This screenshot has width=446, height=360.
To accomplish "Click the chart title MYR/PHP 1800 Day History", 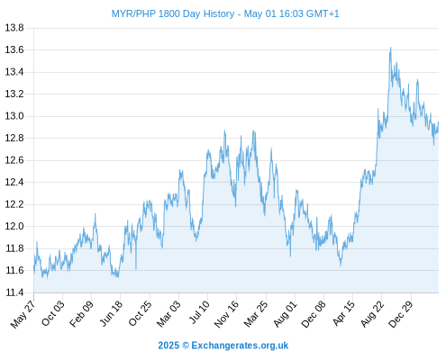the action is (173, 13).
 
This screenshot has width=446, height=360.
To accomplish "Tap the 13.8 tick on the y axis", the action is (14, 28).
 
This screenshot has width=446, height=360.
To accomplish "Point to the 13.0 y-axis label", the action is (14, 116).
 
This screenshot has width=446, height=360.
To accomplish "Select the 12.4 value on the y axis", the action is (14, 182).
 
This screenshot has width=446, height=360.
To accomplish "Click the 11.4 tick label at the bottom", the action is (14, 292).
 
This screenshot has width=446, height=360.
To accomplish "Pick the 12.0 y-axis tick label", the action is (14, 226).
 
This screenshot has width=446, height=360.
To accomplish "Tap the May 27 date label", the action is (23, 314).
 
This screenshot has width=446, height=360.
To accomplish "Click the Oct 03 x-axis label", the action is (53, 313).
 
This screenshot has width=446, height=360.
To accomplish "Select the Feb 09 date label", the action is (81, 313).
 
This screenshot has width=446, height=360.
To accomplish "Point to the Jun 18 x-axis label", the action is (111, 313).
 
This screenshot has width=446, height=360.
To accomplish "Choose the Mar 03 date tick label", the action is (168, 313).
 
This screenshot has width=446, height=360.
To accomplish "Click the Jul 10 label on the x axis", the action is (199, 312).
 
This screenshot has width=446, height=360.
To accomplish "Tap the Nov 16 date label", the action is (226, 314).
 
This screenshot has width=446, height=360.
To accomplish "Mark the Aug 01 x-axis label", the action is (286, 313).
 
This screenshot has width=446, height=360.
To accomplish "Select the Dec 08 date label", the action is (314, 314).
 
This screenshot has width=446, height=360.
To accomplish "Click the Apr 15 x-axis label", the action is (344, 313).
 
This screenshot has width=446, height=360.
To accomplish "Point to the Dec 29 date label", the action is (401, 314).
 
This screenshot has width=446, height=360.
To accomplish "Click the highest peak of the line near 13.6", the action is (390, 48).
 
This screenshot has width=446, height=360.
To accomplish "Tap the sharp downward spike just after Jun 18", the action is (136, 268).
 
